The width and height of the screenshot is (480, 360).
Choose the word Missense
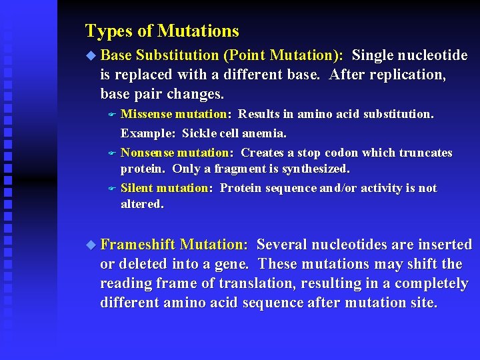144,114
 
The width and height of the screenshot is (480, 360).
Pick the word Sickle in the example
199,133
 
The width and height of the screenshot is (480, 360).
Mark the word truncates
425,153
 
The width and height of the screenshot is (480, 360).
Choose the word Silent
136,188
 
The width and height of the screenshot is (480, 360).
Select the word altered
141,205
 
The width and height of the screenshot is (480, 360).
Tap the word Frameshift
137,245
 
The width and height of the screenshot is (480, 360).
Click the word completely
431,284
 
